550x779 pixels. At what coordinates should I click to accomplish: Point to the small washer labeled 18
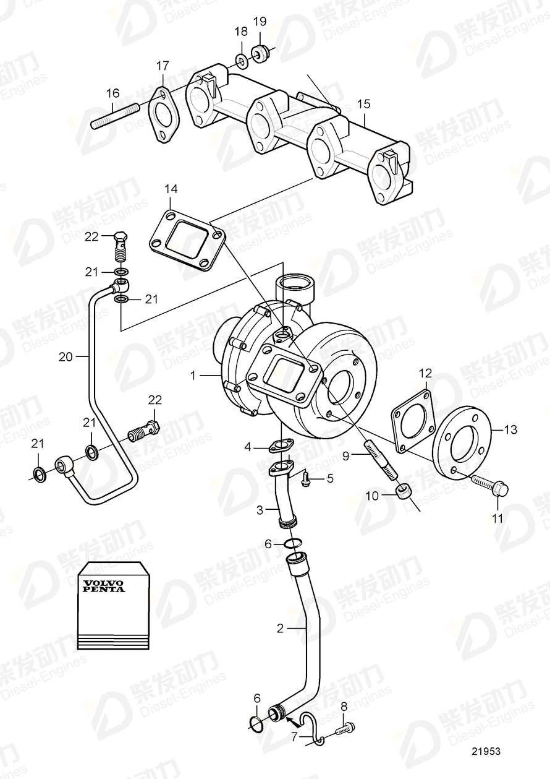(241, 61)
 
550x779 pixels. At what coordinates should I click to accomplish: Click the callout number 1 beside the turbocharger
(193, 374)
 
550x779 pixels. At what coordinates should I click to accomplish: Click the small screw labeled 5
(305, 477)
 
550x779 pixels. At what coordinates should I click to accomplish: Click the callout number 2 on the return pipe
(280, 628)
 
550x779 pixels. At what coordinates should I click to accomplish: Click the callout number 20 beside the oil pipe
(66, 356)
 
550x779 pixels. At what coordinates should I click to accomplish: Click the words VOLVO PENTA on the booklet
(104, 585)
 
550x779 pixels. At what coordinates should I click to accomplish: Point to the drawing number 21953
(486, 751)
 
